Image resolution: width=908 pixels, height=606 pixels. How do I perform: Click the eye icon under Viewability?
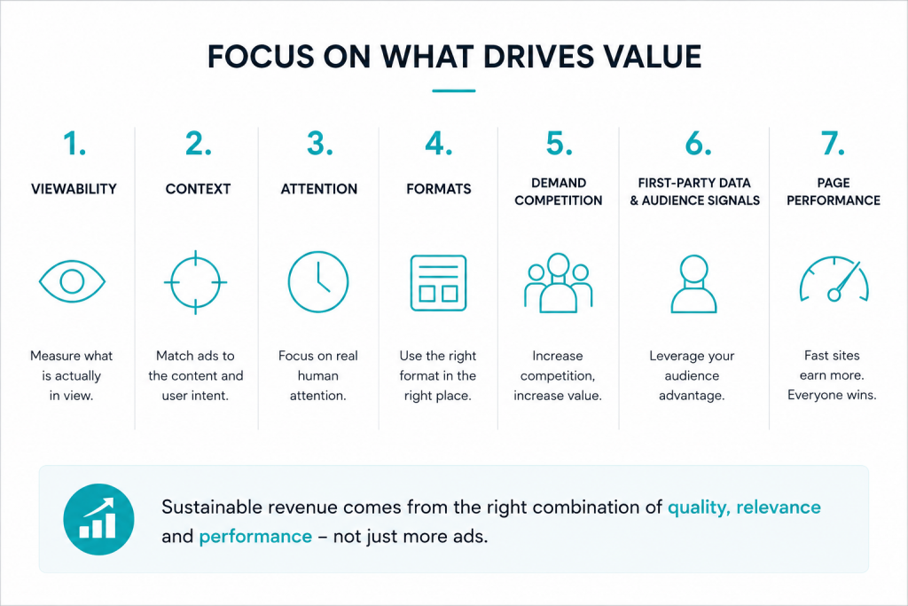(x=72, y=281)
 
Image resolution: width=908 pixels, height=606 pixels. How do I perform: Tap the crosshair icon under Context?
(x=196, y=282)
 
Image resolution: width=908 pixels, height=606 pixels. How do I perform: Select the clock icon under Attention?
(x=318, y=281)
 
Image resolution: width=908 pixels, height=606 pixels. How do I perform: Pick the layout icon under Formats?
(x=438, y=283)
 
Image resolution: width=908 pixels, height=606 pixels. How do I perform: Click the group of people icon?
(x=559, y=283)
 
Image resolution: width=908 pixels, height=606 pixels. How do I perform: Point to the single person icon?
(x=693, y=284)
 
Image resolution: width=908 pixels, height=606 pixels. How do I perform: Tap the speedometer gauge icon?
(x=834, y=279)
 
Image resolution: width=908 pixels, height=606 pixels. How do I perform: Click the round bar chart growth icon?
(x=98, y=519)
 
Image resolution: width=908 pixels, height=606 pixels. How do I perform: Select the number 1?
(x=74, y=144)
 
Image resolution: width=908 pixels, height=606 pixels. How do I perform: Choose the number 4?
(x=438, y=144)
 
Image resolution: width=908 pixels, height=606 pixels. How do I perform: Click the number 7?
(x=833, y=144)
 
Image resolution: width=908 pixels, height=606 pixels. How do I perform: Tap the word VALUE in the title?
(x=652, y=57)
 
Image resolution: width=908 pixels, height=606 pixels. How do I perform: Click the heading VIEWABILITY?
(x=74, y=189)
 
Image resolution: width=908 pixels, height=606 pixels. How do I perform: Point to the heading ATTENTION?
(x=319, y=189)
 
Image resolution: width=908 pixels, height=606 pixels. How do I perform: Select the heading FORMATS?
(x=438, y=189)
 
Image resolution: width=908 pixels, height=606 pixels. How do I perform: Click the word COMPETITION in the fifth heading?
(x=559, y=201)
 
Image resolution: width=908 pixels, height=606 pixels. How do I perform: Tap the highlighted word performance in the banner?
(x=255, y=537)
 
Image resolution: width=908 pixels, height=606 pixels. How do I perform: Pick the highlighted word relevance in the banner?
(x=779, y=507)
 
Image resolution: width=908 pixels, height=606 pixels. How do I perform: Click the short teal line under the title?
(x=454, y=91)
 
